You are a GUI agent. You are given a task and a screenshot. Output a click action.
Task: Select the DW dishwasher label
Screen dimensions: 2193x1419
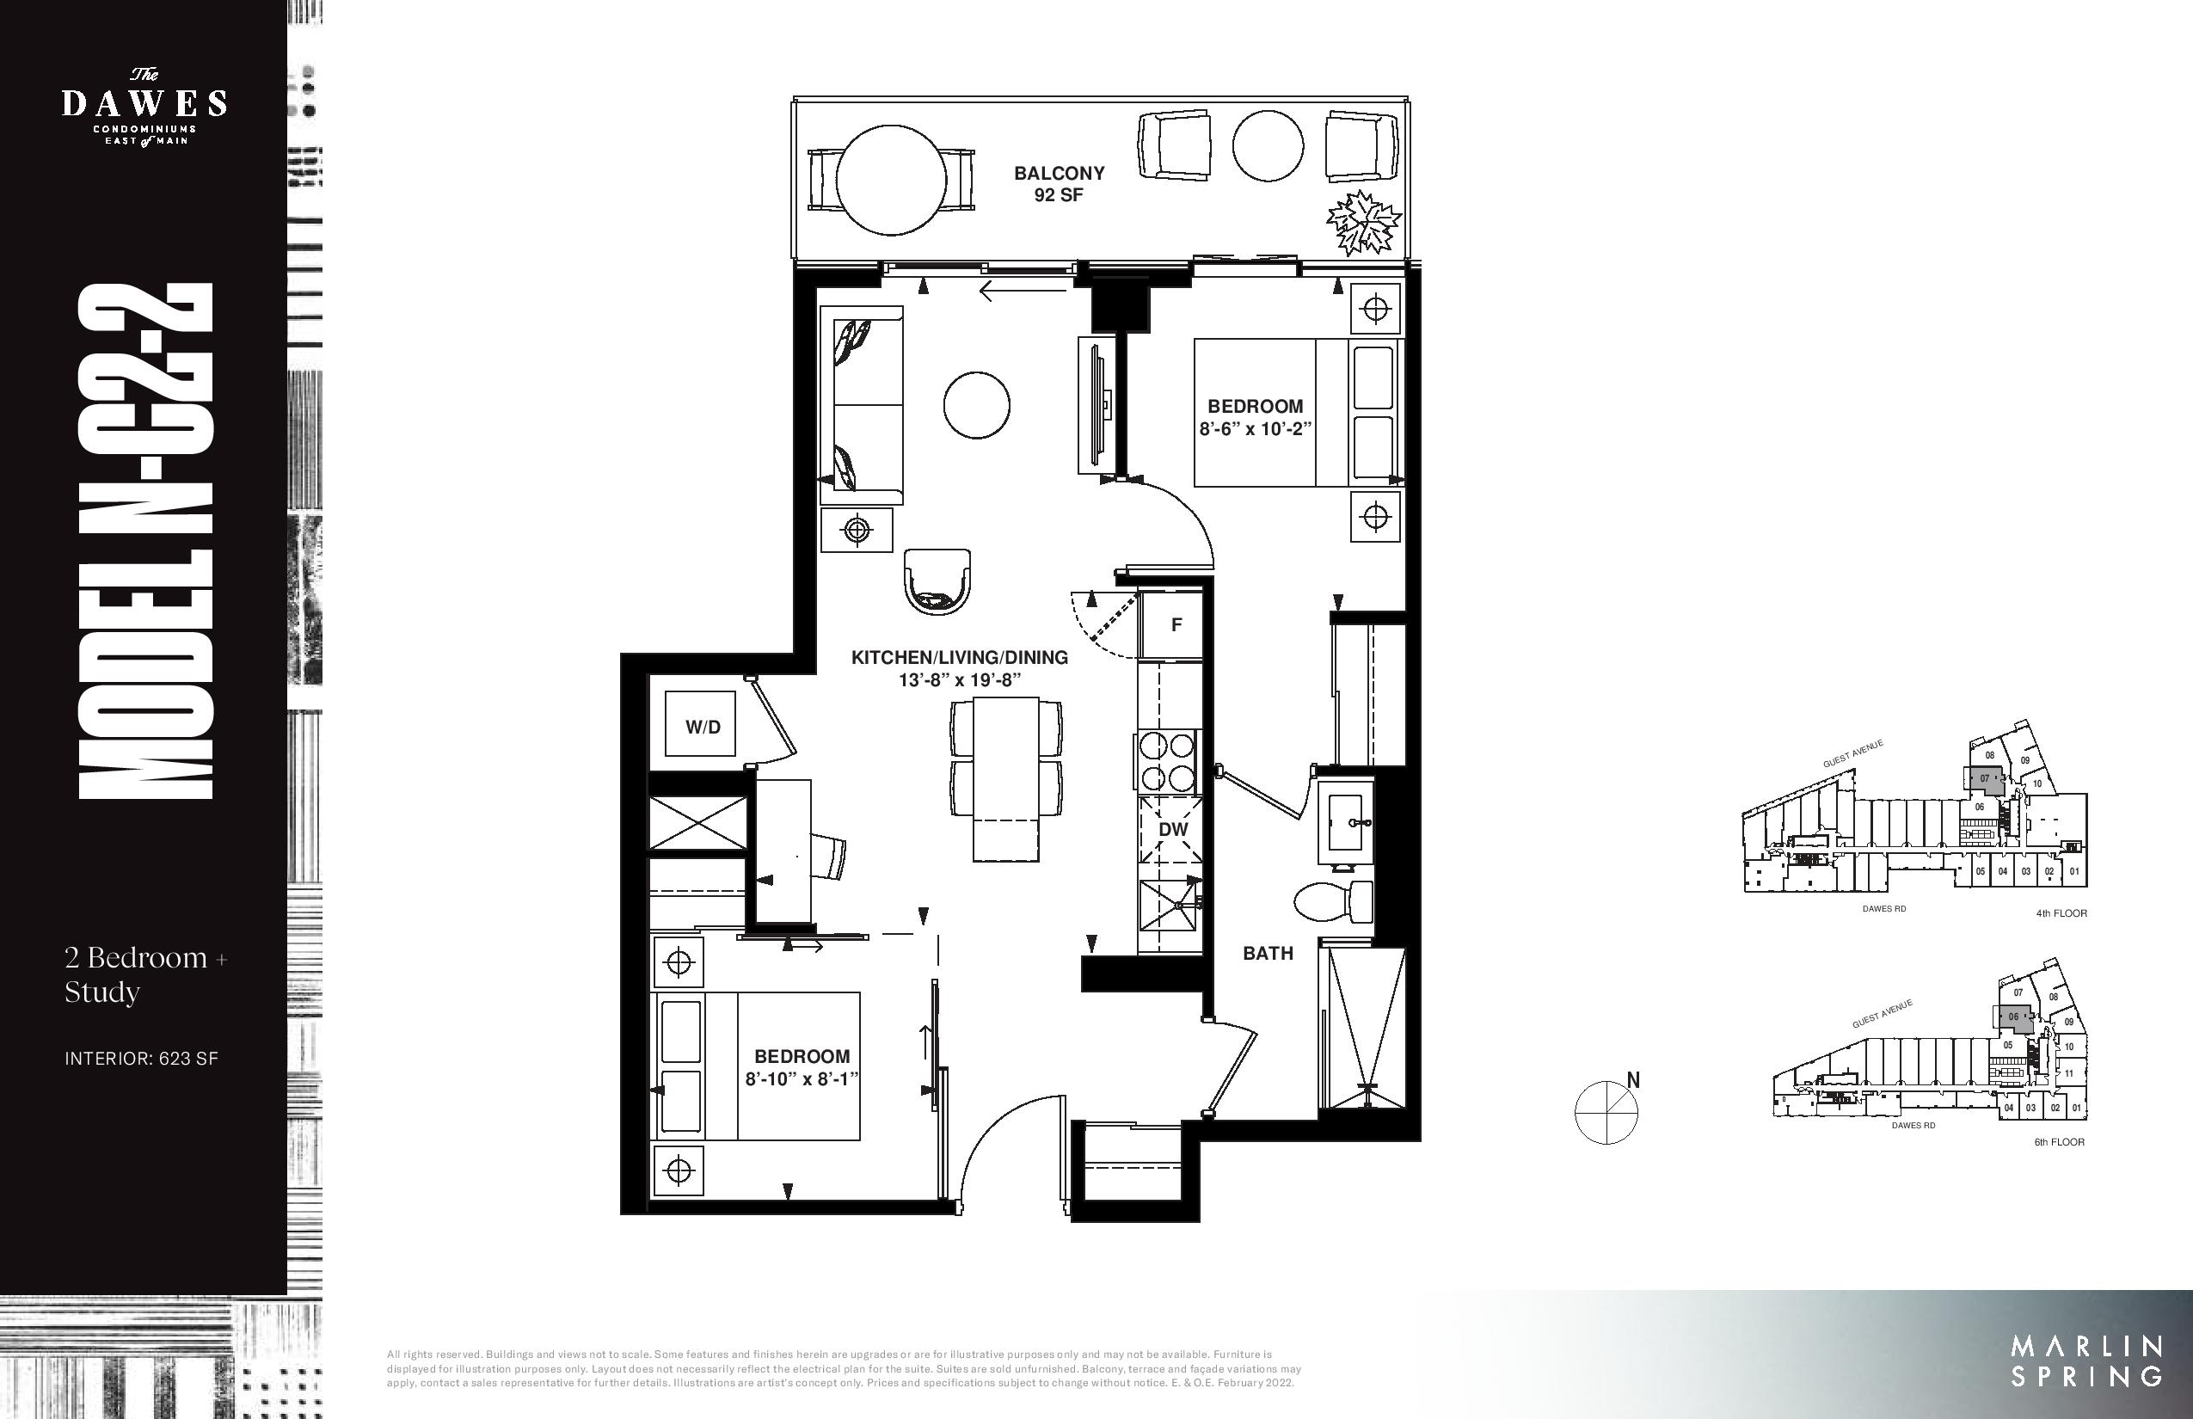(x=1173, y=829)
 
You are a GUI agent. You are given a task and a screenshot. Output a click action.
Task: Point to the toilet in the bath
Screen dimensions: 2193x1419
(x=1333, y=901)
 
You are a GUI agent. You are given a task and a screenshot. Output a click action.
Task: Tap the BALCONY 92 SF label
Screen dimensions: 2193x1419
(x=1059, y=183)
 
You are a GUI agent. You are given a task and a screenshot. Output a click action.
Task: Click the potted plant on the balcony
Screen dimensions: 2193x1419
(x=1363, y=222)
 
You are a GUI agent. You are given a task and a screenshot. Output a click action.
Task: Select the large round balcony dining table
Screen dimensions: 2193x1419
(x=892, y=181)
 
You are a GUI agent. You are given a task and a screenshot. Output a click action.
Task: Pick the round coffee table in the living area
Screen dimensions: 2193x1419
(x=977, y=404)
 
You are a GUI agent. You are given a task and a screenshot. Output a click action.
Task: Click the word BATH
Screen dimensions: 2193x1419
(x=1268, y=954)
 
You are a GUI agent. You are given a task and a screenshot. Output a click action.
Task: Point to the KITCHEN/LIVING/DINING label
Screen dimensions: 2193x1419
(x=959, y=657)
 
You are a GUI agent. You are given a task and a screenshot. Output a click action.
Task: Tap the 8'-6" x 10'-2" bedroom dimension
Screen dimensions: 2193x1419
(x=1255, y=428)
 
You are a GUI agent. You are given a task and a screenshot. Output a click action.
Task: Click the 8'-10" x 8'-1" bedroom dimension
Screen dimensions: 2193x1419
(x=802, y=1078)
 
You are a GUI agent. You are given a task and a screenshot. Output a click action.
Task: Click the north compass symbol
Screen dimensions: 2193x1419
(x=1607, y=1111)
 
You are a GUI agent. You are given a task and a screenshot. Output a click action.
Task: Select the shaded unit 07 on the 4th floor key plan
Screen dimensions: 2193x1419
(x=1985, y=779)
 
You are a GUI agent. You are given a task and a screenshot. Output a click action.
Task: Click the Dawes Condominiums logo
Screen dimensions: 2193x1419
(x=144, y=107)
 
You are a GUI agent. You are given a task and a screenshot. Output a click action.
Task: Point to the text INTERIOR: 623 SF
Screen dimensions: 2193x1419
(x=141, y=1059)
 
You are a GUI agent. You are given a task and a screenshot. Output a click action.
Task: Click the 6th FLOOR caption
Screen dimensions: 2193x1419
(x=2060, y=1142)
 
